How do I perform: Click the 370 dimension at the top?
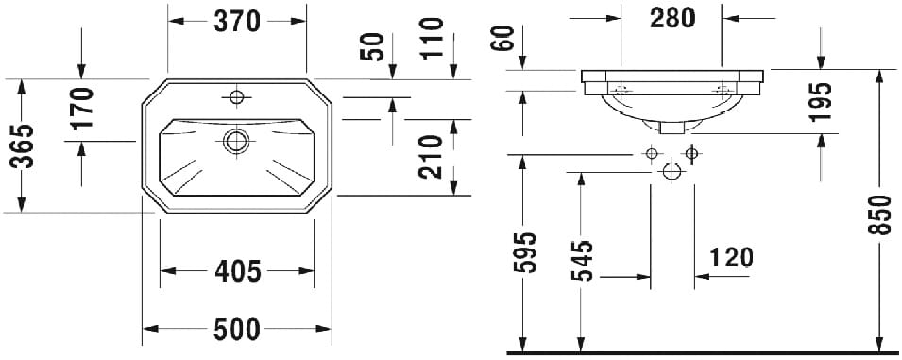237,22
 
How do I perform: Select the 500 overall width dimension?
237,330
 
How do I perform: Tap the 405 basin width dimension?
238,271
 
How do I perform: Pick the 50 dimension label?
372,46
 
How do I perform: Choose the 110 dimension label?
432,39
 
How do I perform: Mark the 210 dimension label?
431,157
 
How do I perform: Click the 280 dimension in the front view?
672,18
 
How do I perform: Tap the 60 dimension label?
502,38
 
